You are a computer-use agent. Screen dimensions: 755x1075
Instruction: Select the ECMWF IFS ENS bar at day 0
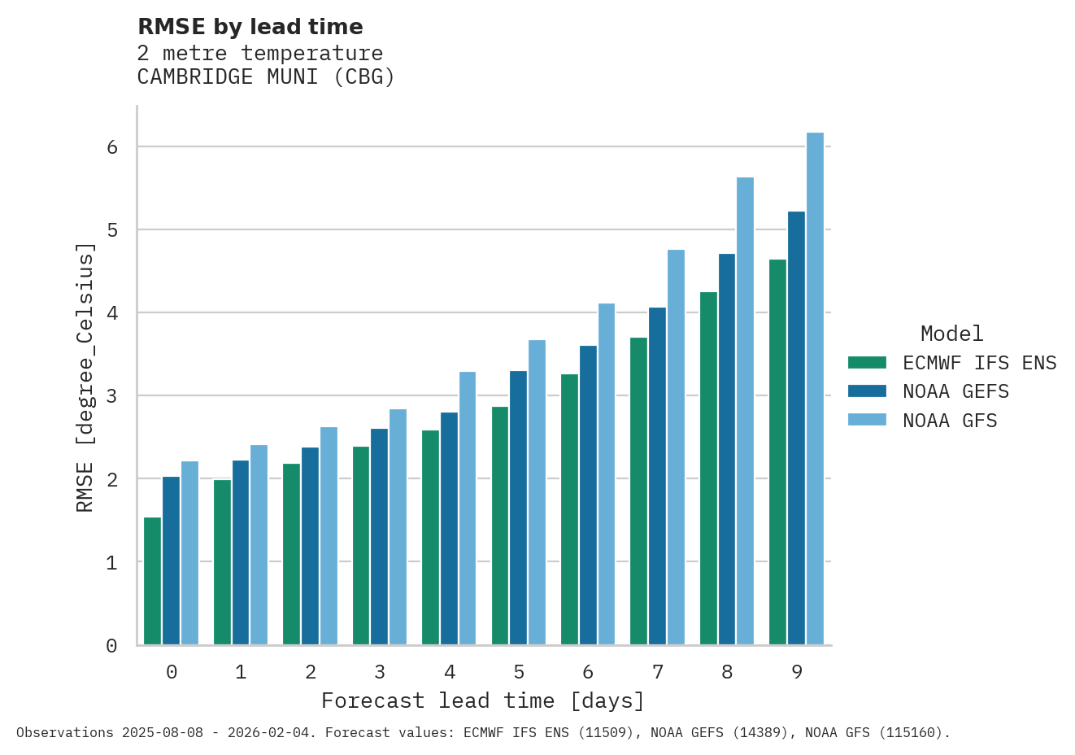coord(152,581)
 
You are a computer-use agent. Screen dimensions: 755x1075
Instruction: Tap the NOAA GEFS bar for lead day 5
coord(518,508)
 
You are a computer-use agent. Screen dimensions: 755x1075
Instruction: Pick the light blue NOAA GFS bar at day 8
coord(745,411)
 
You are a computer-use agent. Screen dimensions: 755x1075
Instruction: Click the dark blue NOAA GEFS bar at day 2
coord(310,546)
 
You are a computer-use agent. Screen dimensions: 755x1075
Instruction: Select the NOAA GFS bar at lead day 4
coord(468,508)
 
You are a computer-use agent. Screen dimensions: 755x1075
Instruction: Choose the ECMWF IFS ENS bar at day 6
coord(569,509)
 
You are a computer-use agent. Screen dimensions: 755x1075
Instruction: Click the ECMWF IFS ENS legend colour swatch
coord(867,363)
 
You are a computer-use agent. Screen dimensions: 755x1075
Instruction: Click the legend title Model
coord(951,334)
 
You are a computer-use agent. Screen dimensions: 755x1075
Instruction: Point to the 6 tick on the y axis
coord(112,147)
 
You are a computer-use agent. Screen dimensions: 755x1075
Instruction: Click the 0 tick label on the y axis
coord(112,646)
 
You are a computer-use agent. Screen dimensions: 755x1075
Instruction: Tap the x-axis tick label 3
coord(380,672)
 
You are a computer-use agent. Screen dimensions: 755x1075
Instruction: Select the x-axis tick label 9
coord(796,672)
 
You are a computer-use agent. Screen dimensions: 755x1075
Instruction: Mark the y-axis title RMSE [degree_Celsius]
coord(85,377)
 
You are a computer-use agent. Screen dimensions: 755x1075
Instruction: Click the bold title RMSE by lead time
coord(250,27)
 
